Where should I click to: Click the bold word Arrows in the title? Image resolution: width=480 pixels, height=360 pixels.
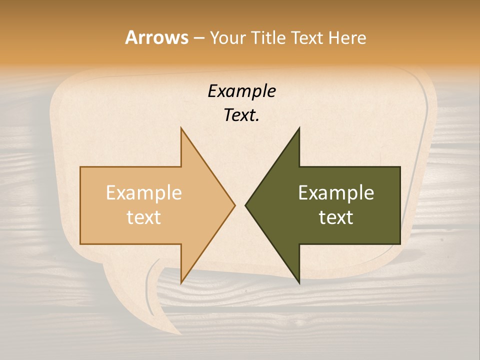156,37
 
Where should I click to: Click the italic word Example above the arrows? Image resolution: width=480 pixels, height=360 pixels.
241,91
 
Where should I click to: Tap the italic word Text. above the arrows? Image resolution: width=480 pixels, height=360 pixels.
241,115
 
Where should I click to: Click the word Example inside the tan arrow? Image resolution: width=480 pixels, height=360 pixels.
144,193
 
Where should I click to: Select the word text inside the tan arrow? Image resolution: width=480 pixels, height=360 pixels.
144,217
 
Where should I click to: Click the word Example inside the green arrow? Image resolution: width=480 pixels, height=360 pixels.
336,193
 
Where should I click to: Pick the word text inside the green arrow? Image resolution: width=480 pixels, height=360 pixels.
336,217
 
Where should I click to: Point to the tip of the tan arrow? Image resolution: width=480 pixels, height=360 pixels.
234,205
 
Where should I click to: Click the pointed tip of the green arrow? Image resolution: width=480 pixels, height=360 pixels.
246,205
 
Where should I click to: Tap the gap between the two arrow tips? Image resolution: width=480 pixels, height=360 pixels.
240,205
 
